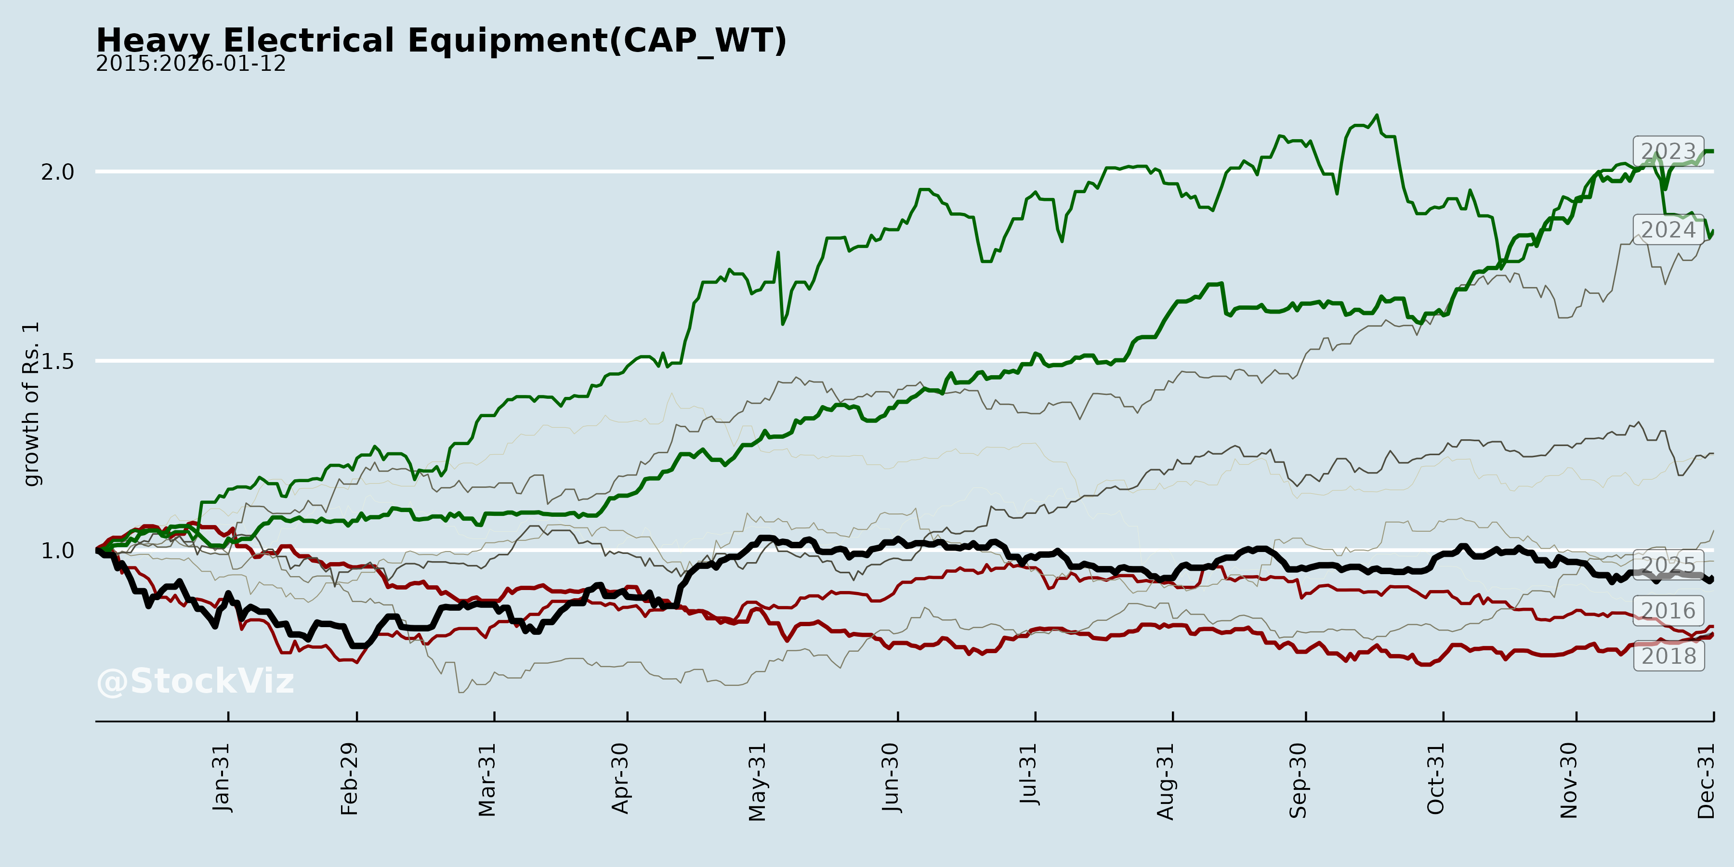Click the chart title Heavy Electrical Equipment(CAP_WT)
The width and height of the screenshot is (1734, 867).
(441, 40)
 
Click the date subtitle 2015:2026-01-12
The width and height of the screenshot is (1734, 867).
(190, 64)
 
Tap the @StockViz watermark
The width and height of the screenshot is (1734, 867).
(195, 681)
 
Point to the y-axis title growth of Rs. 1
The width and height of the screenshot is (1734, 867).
(31, 404)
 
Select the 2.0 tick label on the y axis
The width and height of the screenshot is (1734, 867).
(57, 172)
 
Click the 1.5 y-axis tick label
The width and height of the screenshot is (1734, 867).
(57, 361)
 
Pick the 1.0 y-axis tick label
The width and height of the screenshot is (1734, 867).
(57, 551)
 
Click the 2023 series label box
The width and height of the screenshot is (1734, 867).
(1668, 151)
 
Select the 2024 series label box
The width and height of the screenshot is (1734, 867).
(1668, 230)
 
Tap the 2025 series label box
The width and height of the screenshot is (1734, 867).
(1668, 564)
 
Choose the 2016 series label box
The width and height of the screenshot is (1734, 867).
(1668, 611)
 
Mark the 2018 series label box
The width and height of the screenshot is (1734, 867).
(1668, 656)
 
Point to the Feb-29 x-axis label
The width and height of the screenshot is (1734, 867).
(349, 779)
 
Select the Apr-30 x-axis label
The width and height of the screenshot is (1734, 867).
(620, 778)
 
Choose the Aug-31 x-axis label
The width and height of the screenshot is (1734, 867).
(1165, 781)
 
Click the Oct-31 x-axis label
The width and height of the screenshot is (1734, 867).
(1435, 779)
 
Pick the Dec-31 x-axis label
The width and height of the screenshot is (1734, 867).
(1706, 781)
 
